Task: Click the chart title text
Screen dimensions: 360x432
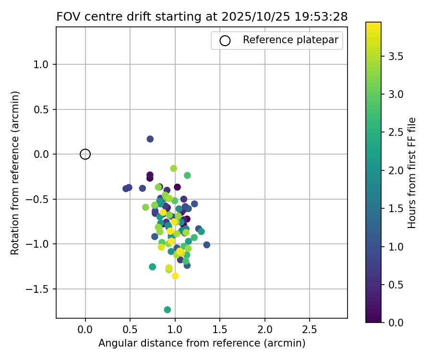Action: coord(202,16)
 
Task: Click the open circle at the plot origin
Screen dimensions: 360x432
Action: coord(85,154)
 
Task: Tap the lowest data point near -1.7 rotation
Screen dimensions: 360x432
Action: coord(167,310)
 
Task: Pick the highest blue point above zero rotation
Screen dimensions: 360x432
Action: coord(150,139)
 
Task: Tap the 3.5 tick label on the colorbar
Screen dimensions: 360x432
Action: coord(396,57)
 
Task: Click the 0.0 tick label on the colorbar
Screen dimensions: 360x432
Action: coord(396,322)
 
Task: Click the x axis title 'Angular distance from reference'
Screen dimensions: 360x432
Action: coord(202,344)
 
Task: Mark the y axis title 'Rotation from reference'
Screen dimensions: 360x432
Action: coord(15,173)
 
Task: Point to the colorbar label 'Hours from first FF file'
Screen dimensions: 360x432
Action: coord(411,173)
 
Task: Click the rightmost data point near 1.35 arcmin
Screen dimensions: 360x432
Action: coord(207,245)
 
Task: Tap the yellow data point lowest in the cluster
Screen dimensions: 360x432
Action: coord(175,276)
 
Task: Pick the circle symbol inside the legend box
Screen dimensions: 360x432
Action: coord(225,41)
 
